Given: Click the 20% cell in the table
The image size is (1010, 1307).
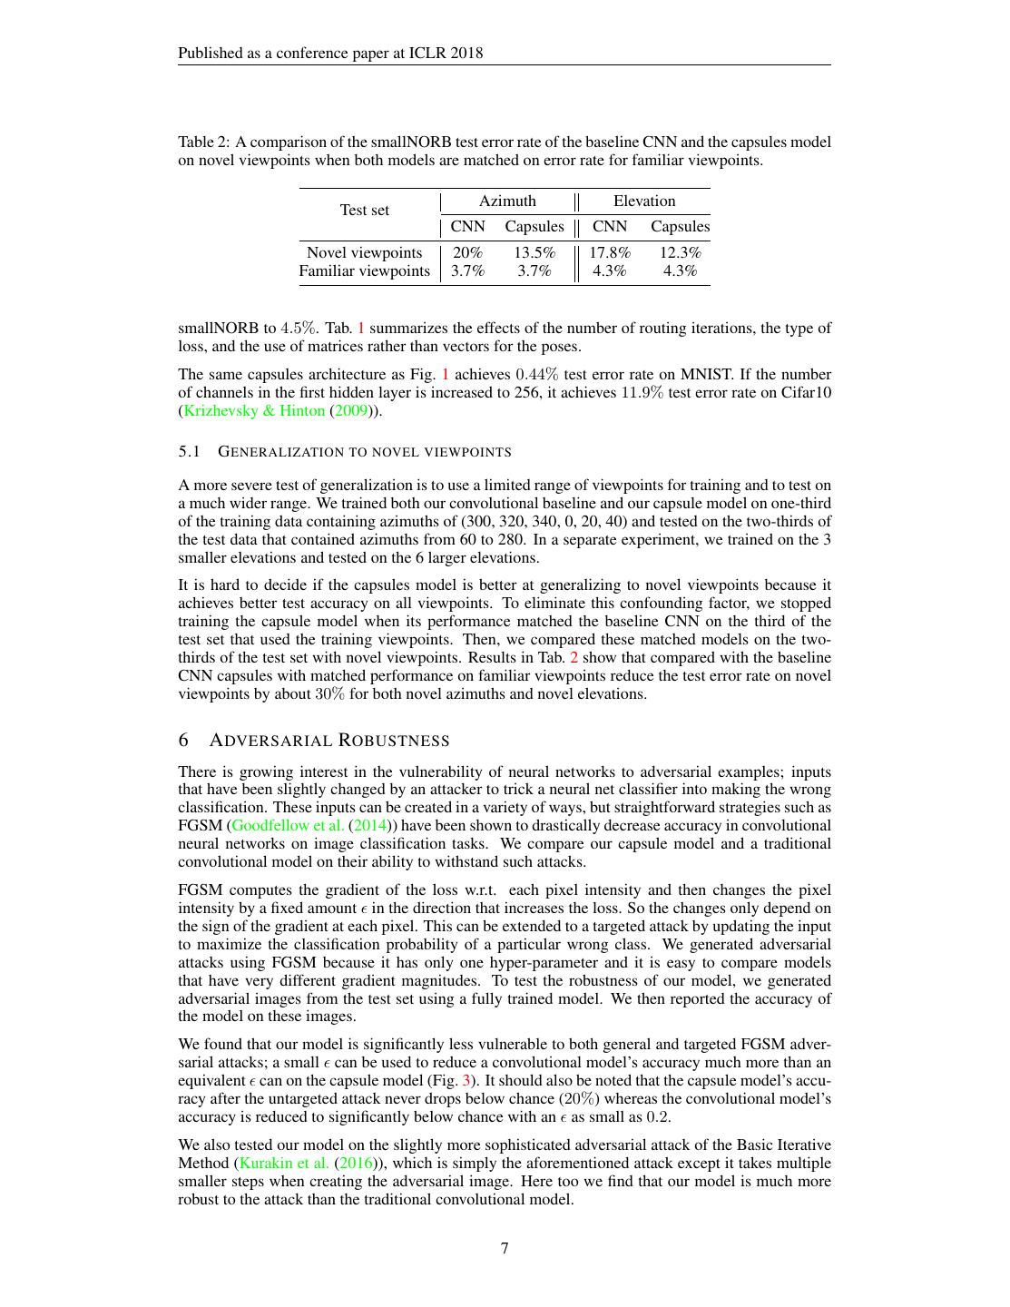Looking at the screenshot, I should coord(467,252).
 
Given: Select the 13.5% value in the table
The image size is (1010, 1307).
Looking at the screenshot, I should coord(534,252).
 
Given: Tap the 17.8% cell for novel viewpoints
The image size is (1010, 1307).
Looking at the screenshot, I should coord(610,252).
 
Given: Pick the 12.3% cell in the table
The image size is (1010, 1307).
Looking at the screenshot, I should coord(680,252).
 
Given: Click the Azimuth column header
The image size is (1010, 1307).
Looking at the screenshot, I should coord(507,201).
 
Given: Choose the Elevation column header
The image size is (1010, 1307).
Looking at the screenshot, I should coord(644,201).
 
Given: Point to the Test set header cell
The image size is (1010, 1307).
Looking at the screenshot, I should coord(364,210).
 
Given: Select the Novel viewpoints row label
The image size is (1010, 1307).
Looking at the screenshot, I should coord(364,252).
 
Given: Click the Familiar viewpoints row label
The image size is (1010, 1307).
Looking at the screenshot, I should coord(364,270).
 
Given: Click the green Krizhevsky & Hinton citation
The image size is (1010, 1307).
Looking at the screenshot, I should coord(253,410).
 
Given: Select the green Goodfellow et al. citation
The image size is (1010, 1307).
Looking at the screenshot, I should coord(288,825).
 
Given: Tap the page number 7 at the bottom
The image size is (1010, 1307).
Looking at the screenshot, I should coord(505,1248).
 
